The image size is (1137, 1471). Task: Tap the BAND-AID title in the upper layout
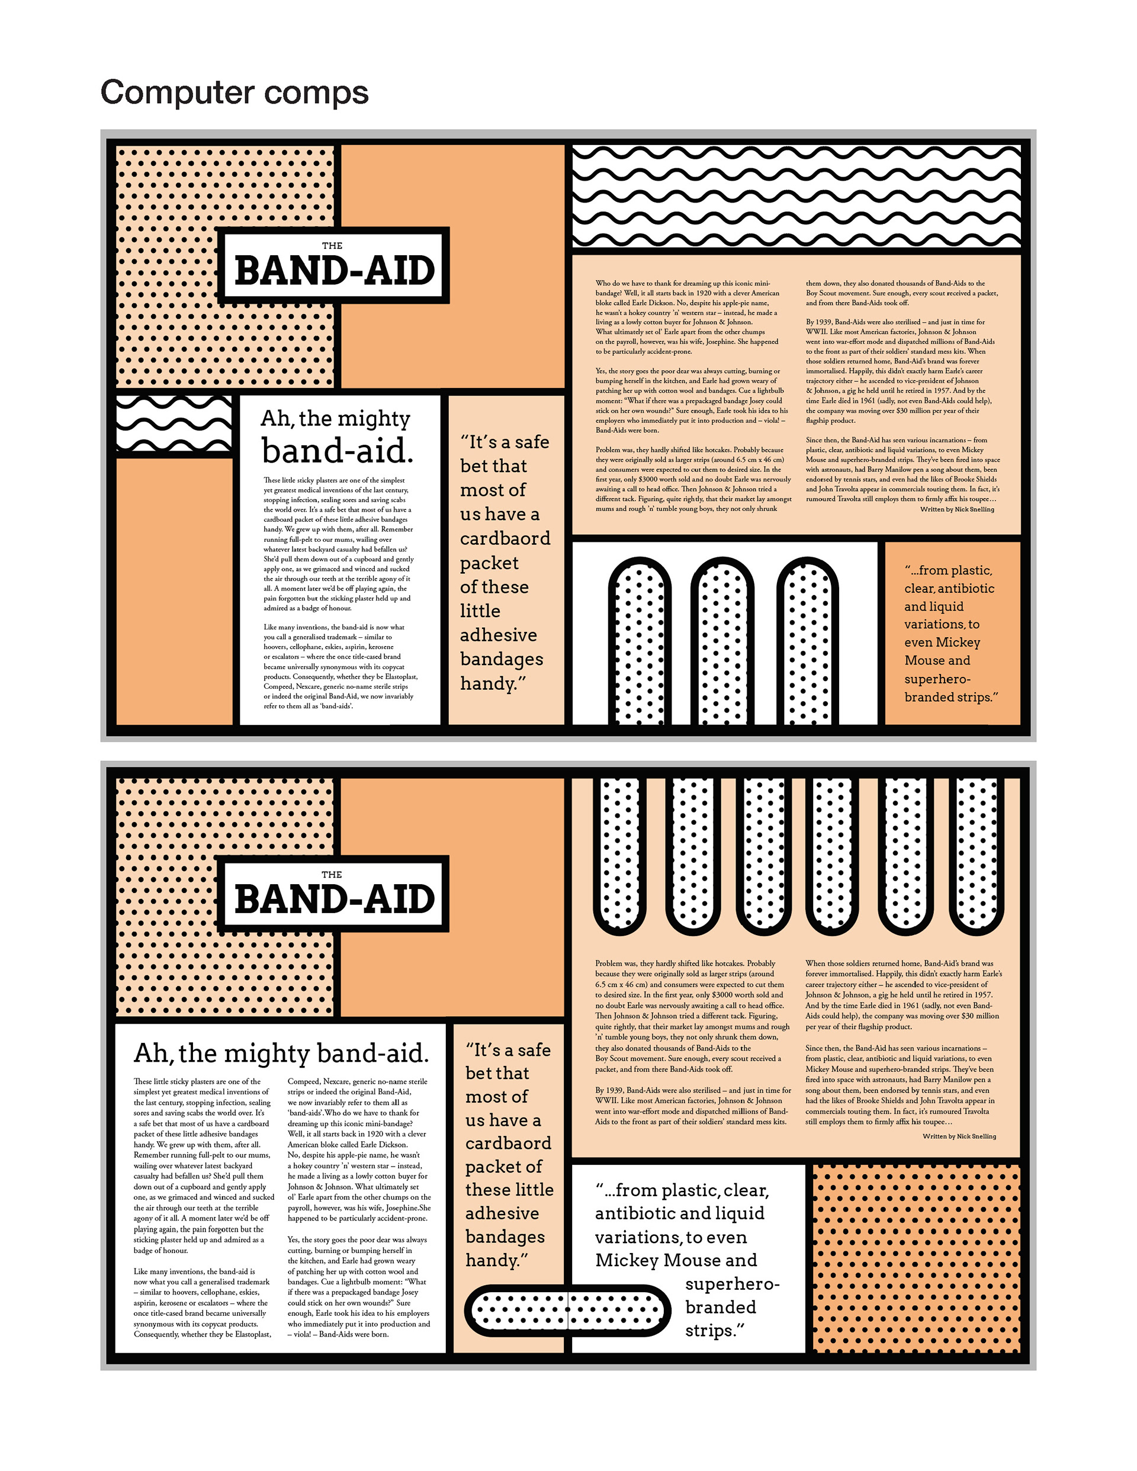coord(335,271)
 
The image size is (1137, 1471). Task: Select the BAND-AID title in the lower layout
coord(335,899)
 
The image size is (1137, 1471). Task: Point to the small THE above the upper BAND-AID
coord(332,246)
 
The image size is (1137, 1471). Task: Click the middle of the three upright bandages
coord(721,640)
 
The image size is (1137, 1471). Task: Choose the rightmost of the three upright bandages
coord(807,640)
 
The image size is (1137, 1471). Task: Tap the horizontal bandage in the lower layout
coord(567,1311)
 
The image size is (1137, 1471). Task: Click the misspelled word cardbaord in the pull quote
coord(505,539)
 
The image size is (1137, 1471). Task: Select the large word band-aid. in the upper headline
coord(338,451)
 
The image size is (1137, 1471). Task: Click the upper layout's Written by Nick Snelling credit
coord(956,509)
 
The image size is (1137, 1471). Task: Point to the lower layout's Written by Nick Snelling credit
coord(959,1136)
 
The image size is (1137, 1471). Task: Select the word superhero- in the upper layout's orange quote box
coord(937,679)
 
